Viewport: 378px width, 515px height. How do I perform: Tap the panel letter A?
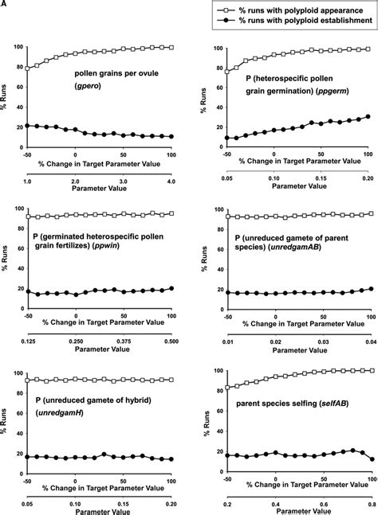(5, 5)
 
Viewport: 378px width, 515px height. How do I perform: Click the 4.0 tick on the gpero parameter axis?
(171, 183)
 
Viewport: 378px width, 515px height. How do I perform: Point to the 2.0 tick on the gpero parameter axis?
(75, 183)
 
